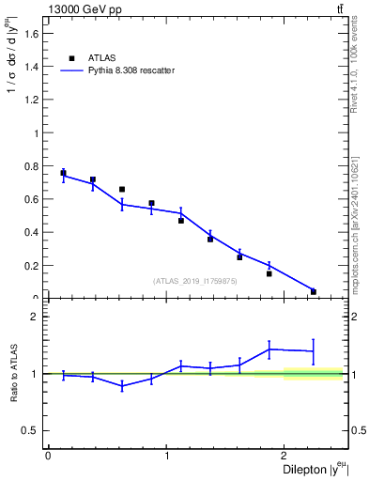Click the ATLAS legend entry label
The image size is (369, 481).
[x=103, y=58]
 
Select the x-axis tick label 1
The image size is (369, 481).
[x=166, y=456]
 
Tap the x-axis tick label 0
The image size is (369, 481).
[x=48, y=456]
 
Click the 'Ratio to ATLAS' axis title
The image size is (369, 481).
[x=14, y=374]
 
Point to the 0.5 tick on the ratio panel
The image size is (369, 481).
[x=31, y=430]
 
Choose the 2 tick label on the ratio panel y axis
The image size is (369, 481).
[x=36, y=317]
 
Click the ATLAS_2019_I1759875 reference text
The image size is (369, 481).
[x=194, y=280]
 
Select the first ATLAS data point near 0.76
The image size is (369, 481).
[x=63, y=173]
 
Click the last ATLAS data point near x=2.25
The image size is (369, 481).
[x=314, y=291]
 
